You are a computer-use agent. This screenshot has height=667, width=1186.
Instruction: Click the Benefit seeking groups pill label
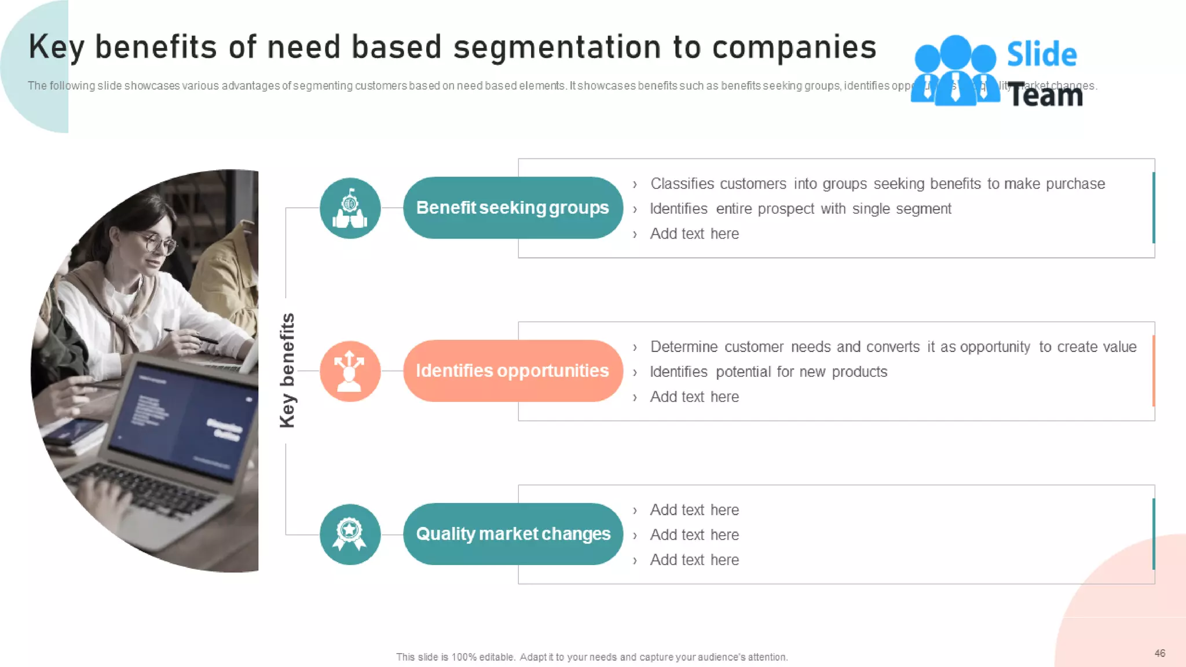pyautogui.click(x=513, y=208)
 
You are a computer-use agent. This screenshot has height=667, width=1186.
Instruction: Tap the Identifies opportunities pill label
pyautogui.click(x=513, y=371)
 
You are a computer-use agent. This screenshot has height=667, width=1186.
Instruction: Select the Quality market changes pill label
pyautogui.click(x=513, y=534)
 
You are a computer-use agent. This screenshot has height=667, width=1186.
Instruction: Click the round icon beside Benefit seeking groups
pyautogui.click(x=350, y=208)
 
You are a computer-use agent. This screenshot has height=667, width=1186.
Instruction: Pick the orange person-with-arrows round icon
pyautogui.click(x=350, y=371)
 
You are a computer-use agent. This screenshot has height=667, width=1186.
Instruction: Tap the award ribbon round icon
pyautogui.click(x=350, y=534)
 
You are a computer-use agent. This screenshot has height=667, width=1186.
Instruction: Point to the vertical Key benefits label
pyautogui.click(x=287, y=371)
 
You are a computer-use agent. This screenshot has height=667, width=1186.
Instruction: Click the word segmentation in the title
pyautogui.click(x=557, y=47)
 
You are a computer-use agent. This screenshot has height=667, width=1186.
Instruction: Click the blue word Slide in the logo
pyautogui.click(x=1041, y=54)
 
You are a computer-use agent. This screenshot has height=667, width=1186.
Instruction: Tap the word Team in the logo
pyautogui.click(x=1046, y=96)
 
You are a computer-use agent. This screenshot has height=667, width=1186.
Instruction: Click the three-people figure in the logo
pyautogui.click(x=956, y=71)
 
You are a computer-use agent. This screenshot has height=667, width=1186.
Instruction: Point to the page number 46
pyautogui.click(x=1159, y=653)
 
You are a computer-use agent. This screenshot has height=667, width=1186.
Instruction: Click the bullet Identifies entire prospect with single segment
pyautogui.click(x=800, y=209)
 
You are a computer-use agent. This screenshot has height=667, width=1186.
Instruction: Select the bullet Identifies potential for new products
pyautogui.click(x=768, y=372)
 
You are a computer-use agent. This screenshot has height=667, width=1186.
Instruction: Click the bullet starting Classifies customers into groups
pyautogui.click(x=877, y=184)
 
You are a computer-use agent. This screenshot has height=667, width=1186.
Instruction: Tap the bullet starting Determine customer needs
pyautogui.click(x=893, y=347)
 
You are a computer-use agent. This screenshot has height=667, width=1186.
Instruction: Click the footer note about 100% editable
pyautogui.click(x=592, y=657)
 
